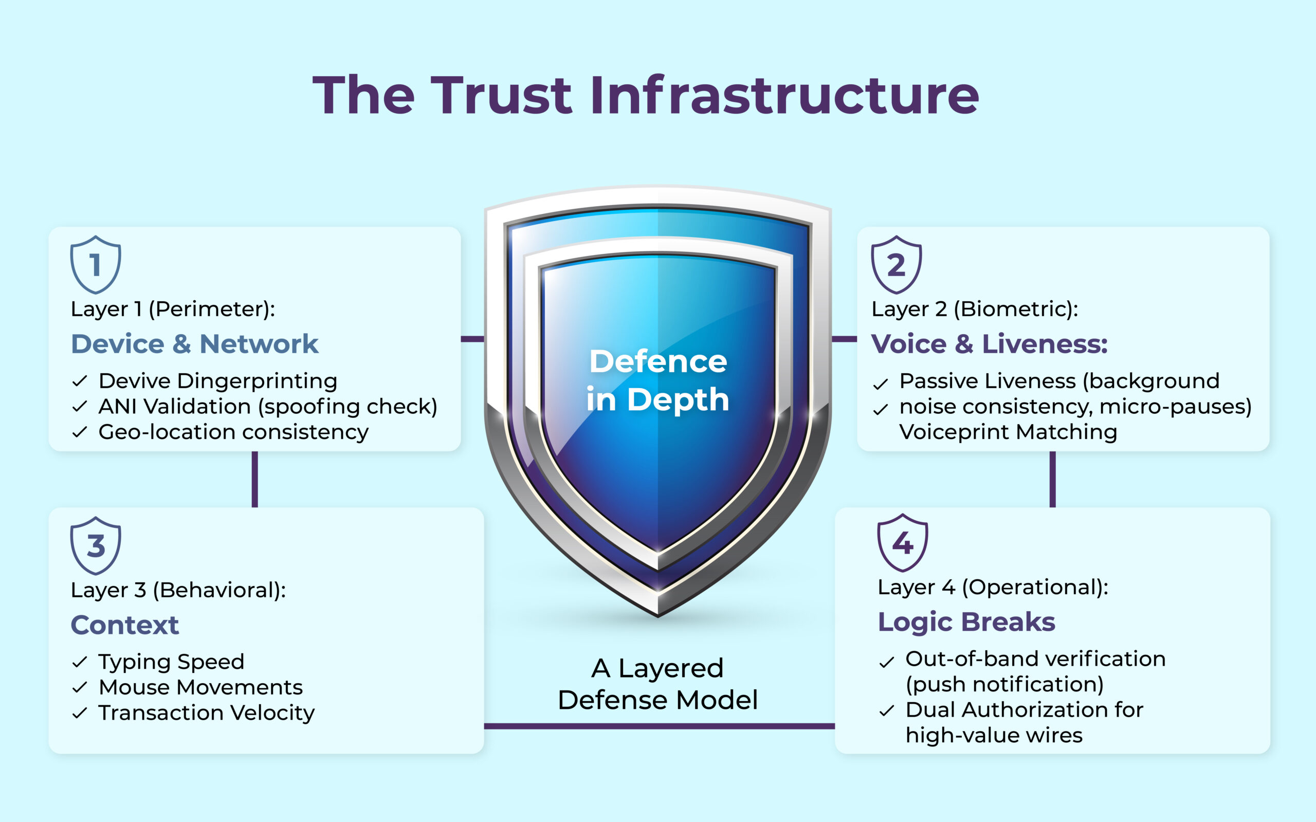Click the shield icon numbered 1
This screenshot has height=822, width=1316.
[x=96, y=265]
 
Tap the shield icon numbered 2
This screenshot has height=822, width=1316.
[x=897, y=265]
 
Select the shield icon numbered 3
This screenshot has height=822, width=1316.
[x=96, y=545]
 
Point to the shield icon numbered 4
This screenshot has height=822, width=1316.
[x=902, y=542]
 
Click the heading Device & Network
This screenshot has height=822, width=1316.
[x=195, y=344]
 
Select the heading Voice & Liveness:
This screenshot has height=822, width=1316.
[x=989, y=344]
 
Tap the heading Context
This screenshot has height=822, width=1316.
[x=124, y=625]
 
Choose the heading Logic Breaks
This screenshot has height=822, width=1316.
[x=966, y=622]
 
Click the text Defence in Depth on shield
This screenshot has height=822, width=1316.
[x=657, y=380]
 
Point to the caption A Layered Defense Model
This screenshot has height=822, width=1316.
[x=657, y=684]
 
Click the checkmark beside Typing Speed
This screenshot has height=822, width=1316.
[x=79, y=662]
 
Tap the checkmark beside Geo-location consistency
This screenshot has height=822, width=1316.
[x=79, y=432]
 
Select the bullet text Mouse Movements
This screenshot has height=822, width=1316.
[x=200, y=687]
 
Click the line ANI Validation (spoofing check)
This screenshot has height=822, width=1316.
[x=267, y=407]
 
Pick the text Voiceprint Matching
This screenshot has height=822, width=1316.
[x=1008, y=432]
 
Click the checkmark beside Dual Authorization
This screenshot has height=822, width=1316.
[x=887, y=710]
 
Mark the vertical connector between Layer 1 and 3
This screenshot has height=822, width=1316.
[x=255, y=479]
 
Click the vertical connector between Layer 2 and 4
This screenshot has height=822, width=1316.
[x=1052, y=479]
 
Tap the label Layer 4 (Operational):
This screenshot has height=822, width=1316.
[x=993, y=587]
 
